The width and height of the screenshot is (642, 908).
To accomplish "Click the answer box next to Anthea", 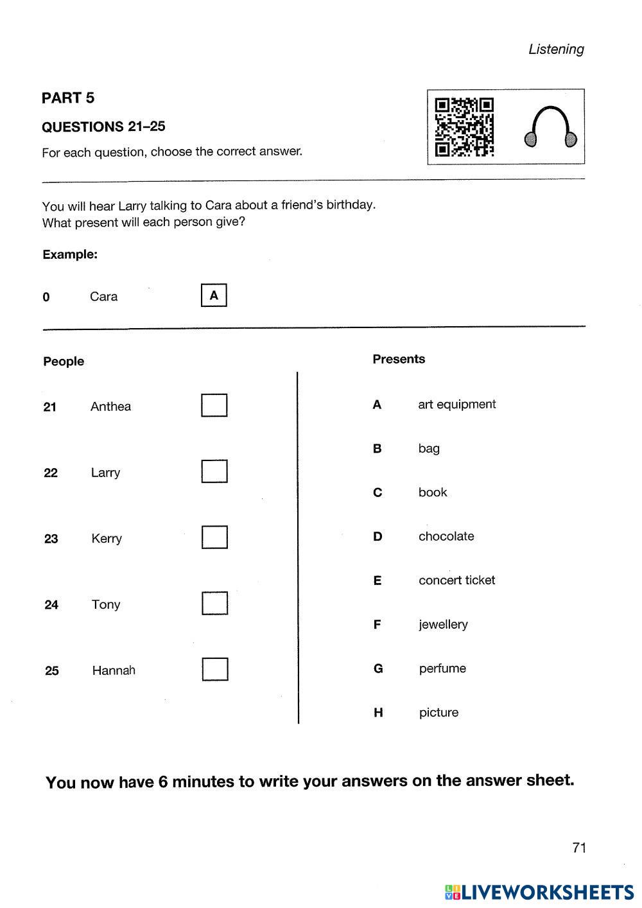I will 214,405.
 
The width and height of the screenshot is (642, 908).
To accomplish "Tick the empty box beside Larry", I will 214,471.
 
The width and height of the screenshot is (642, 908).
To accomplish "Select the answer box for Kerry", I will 214,537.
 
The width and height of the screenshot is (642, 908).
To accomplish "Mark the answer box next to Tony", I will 215,604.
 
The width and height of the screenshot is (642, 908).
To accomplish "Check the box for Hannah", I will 215,669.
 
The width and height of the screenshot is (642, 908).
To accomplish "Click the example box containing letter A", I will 214,296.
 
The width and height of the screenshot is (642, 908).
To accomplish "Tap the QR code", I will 464,127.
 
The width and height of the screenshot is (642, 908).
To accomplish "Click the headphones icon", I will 550,127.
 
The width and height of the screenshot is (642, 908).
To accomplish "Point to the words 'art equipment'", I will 456,405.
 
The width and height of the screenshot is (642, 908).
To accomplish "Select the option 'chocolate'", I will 446,536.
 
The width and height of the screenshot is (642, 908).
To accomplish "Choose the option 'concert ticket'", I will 456,581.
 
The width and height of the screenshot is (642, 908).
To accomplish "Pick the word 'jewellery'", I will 443,624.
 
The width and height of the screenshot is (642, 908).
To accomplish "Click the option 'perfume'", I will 442,668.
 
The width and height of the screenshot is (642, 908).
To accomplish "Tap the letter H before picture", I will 378,712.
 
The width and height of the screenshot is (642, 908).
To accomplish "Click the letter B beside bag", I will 377,448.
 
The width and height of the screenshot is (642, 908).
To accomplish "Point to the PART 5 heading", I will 68,98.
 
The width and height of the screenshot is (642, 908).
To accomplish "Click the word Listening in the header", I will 556,49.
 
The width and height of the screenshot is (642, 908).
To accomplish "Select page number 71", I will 579,848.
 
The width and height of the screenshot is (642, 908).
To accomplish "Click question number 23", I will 51,539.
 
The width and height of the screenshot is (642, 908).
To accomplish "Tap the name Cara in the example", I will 103,297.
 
